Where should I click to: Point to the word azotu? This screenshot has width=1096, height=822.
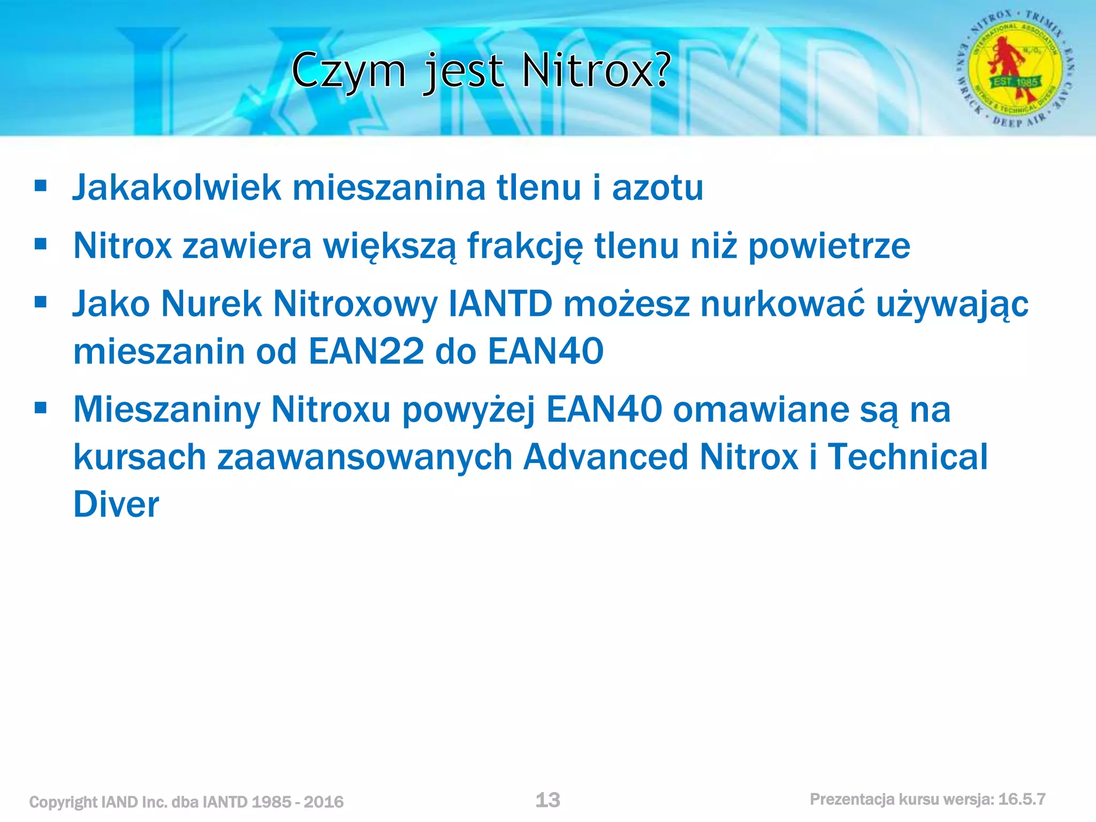pos(658,188)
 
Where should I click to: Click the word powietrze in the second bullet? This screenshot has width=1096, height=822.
pos(829,246)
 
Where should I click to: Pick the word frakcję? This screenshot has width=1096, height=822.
pos(525,246)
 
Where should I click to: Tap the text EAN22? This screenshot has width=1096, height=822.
pos(367,352)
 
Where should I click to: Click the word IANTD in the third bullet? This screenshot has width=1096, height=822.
pos(500,304)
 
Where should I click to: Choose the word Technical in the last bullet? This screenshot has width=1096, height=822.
pos(908,457)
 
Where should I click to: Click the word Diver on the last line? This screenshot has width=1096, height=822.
pos(116,505)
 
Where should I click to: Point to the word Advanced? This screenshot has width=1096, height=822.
pos(606,457)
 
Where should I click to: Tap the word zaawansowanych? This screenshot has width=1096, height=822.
pos(365,458)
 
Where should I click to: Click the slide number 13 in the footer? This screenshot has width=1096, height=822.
pos(547,800)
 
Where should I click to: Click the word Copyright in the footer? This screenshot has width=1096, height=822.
pos(63,802)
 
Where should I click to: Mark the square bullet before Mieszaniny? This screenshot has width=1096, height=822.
pos(41,409)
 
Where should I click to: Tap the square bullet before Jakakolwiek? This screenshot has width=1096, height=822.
pos(41,186)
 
